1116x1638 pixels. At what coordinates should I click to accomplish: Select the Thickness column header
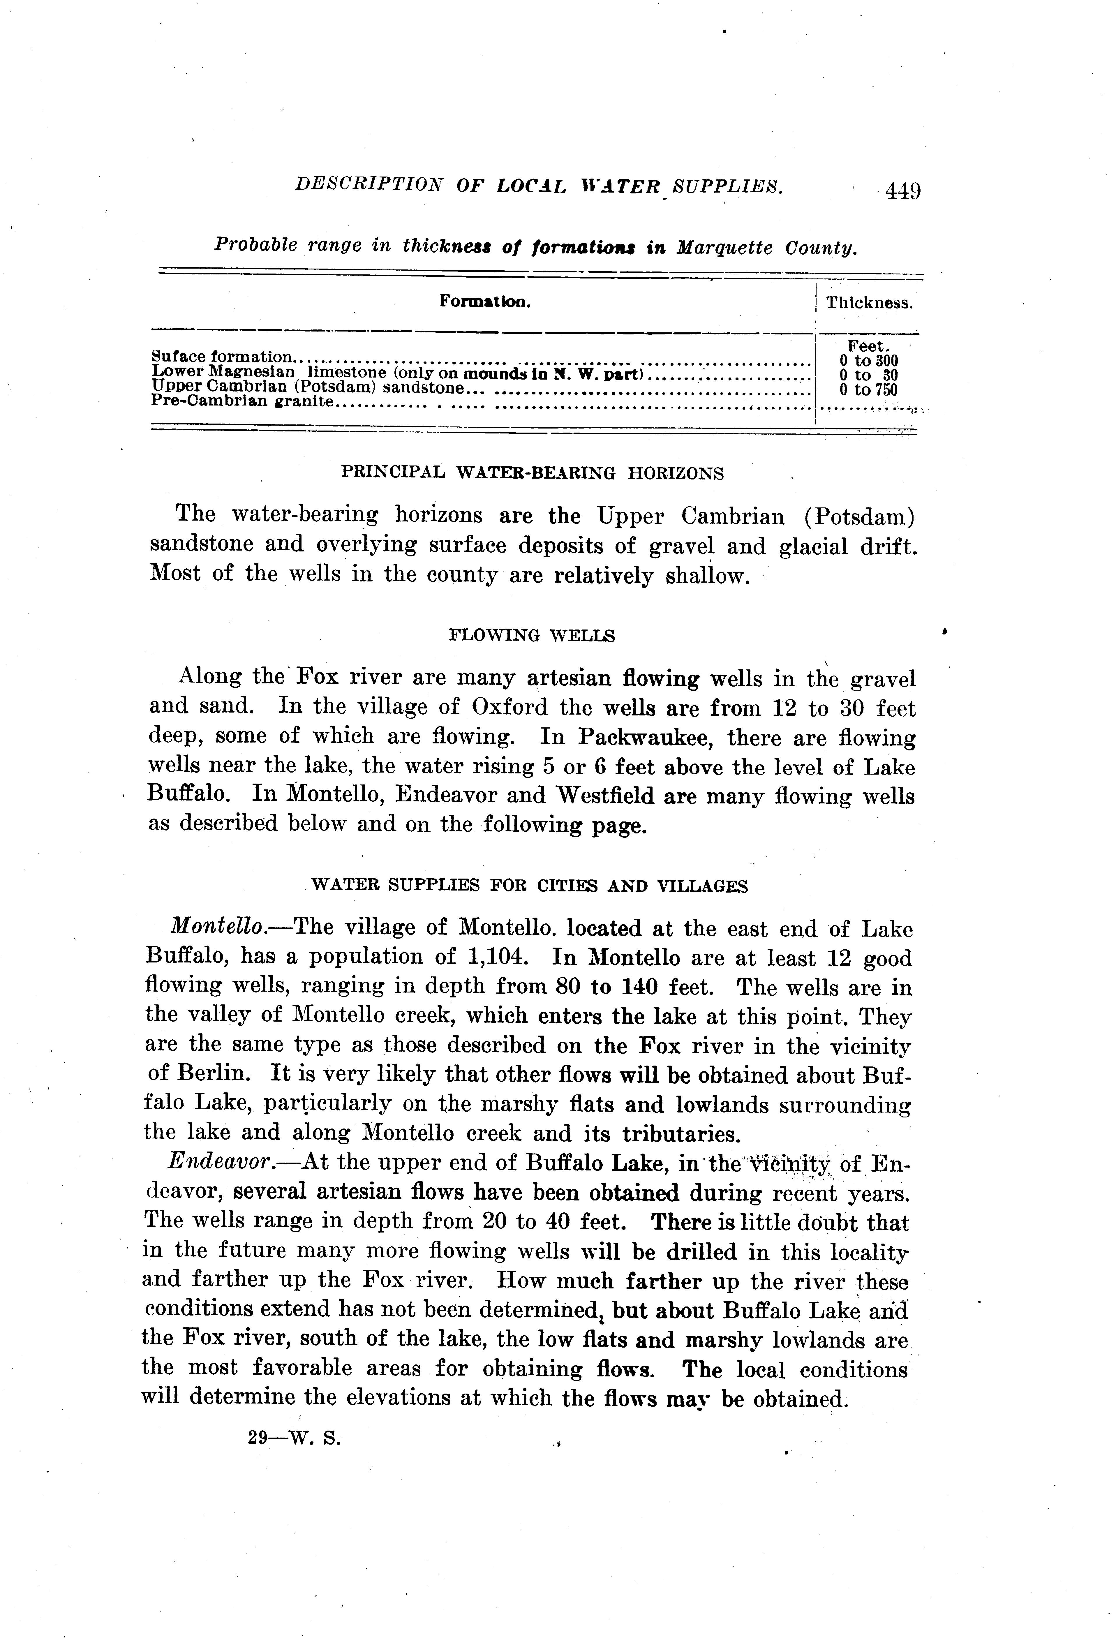869,304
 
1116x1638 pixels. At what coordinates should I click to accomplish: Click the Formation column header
485,302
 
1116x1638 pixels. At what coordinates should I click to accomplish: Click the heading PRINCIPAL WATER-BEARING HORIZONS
532,473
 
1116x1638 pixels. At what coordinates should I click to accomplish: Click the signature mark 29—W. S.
294,1438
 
